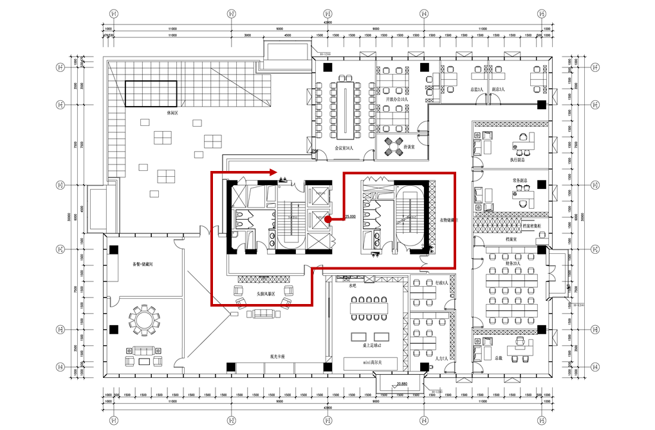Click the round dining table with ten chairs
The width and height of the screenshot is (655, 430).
142,318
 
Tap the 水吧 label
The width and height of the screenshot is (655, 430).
352,287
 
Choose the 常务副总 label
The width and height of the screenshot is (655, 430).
520,181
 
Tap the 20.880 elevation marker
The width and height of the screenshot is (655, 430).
402,384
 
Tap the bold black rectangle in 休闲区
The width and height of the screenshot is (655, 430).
151,93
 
